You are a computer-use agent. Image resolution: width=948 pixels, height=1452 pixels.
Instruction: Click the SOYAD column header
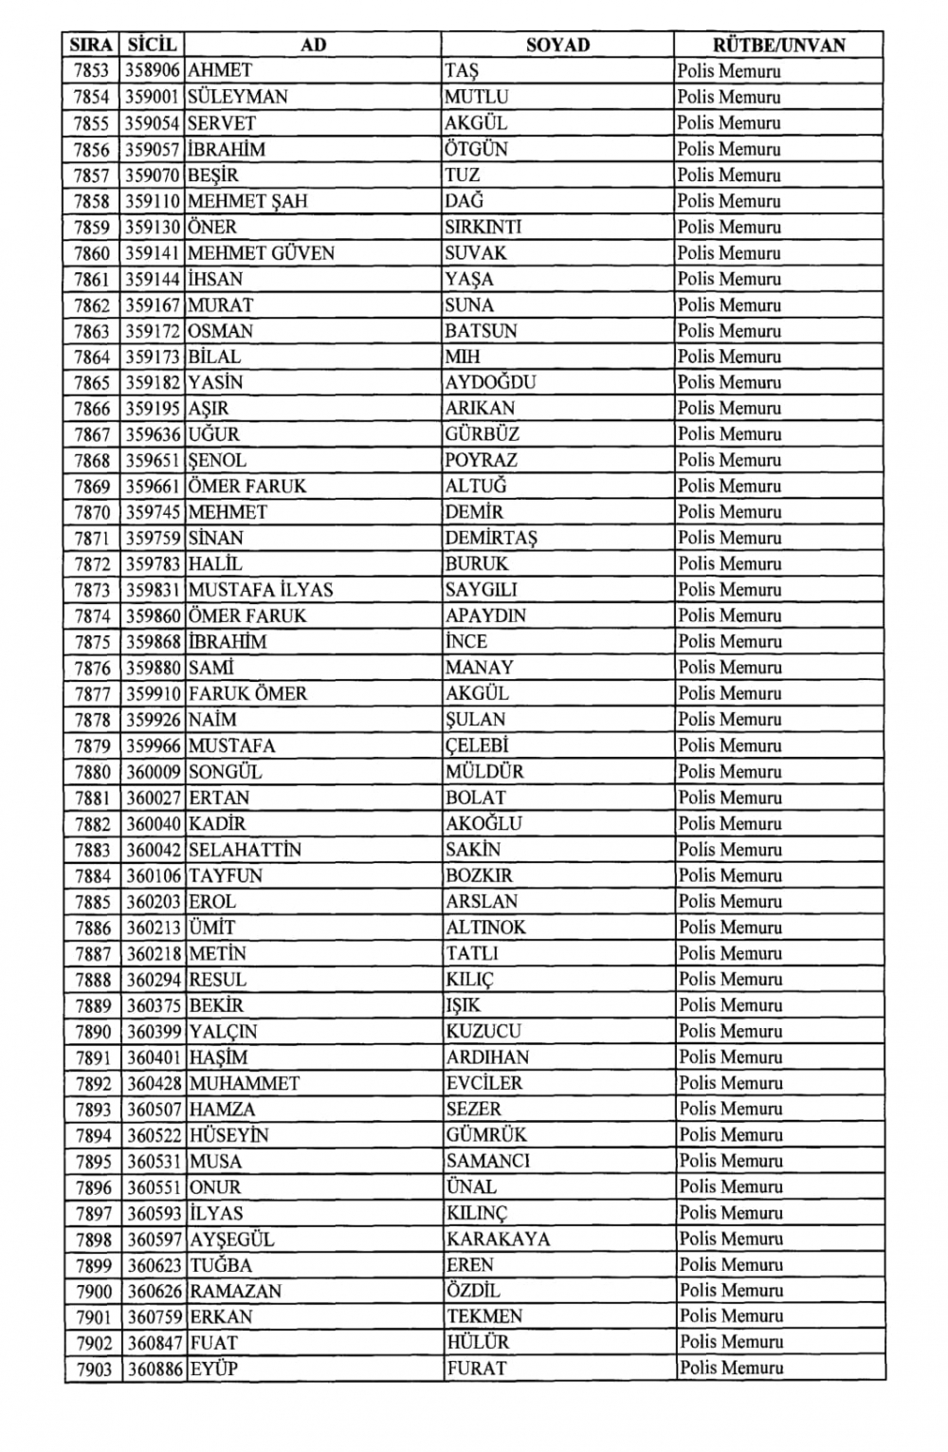(557, 45)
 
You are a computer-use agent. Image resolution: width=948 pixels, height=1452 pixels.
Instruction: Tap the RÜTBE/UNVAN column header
(778, 45)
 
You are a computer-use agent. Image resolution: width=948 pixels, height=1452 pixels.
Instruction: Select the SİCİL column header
(153, 45)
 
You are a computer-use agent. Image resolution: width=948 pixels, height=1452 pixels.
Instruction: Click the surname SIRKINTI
(483, 227)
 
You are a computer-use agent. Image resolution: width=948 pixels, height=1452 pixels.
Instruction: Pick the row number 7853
(92, 71)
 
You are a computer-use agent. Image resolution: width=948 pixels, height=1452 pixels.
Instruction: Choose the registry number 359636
(153, 434)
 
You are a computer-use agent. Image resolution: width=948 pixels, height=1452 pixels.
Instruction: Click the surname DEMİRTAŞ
(491, 538)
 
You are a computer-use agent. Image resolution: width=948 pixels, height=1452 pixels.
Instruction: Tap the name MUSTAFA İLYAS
(261, 590)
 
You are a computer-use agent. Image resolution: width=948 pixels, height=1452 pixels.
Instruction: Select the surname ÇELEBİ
(477, 745)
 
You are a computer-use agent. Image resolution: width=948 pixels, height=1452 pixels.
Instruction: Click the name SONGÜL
(225, 772)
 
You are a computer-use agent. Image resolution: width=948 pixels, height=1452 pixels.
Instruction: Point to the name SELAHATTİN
(245, 850)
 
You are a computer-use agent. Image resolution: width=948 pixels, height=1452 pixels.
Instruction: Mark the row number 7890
(94, 1032)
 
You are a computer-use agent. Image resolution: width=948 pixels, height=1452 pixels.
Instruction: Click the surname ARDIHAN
(487, 1057)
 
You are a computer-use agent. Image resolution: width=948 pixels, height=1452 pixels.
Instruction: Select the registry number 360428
(155, 1083)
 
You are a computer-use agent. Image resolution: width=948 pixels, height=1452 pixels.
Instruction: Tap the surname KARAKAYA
(498, 1239)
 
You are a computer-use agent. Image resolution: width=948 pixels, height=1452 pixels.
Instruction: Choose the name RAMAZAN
(235, 1291)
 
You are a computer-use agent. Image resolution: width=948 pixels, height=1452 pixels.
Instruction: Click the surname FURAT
(476, 1369)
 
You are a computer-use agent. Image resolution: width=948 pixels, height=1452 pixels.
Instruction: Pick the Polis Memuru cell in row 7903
(731, 1369)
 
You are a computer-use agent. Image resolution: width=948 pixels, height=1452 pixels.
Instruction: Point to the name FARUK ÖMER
(247, 693)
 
